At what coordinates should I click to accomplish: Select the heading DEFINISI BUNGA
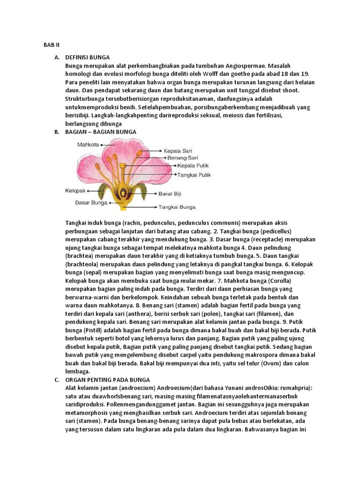[x=88, y=57]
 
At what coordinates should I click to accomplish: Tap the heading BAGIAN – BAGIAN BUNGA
[x=101, y=132]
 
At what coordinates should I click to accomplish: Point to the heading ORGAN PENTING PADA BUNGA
[x=108, y=379]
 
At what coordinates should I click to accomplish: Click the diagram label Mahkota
[x=88, y=145]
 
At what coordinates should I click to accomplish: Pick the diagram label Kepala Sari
[x=178, y=151]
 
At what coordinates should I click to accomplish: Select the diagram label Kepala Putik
[x=193, y=165]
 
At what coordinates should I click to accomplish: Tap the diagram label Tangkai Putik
[x=194, y=175]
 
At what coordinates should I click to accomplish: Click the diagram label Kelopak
[x=75, y=191]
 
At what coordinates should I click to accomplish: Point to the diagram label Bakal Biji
[x=170, y=193]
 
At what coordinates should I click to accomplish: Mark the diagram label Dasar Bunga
[x=91, y=203]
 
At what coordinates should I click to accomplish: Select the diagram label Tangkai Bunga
[x=177, y=207]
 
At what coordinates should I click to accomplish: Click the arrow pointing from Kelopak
[x=92, y=191]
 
